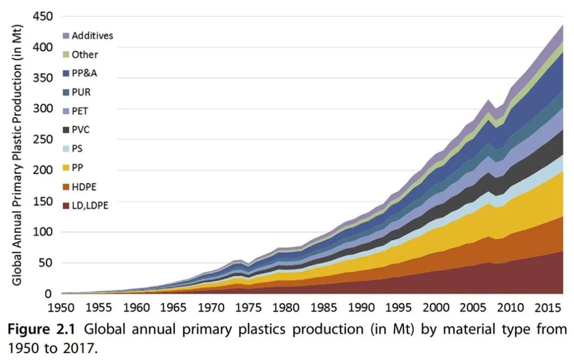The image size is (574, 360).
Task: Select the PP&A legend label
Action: point(85,73)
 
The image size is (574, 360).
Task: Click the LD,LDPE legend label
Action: point(90,205)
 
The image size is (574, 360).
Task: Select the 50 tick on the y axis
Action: point(47,263)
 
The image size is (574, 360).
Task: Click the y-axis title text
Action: point(18,154)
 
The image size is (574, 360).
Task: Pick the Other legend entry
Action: point(85,54)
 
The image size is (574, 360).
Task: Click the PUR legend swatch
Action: point(66,93)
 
